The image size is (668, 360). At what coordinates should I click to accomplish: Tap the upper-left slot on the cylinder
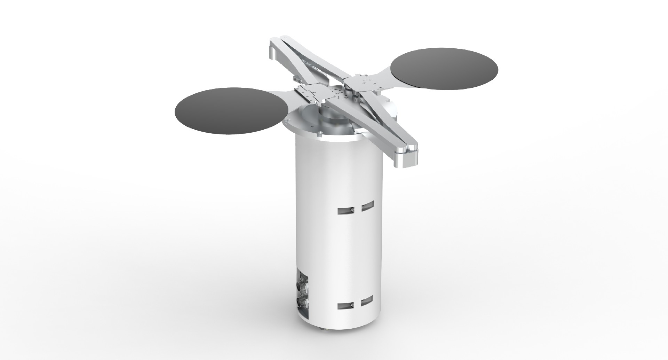346,210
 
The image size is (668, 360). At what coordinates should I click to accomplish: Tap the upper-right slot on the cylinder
367,206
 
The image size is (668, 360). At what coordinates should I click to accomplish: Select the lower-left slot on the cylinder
346,306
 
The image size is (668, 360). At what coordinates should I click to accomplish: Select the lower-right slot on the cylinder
367,301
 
